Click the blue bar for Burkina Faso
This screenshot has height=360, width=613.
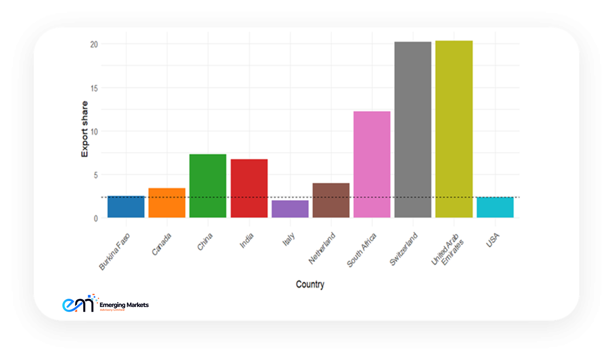(126, 207)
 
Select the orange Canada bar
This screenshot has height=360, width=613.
(167, 203)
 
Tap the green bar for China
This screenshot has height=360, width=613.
(208, 186)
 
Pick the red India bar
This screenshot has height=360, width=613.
(249, 188)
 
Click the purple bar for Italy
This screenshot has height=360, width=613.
(290, 209)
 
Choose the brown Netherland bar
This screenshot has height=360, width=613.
(331, 200)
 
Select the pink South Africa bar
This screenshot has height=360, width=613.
(372, 164)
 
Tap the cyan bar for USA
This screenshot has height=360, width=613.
(495, 207)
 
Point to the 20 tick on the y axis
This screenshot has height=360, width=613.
(94, 44)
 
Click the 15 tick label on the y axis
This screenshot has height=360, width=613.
(94, 88)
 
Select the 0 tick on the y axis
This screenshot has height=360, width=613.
(96, 219)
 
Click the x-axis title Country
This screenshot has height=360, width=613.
(310, 284)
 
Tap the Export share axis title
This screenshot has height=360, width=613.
(85, 129)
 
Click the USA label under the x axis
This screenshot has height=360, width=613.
(493, 240)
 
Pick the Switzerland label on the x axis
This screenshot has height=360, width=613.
(404, 249)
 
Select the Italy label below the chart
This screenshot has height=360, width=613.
(289, 240)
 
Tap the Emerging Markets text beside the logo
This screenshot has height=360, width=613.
(124, 305)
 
